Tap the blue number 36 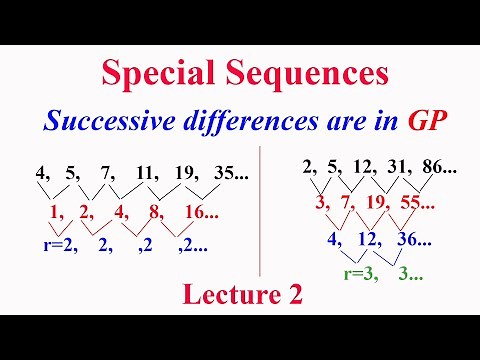[406, 240]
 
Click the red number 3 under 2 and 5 [322, 204]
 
